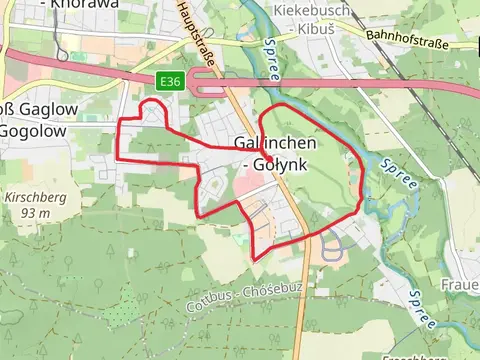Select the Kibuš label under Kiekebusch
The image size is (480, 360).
pyautogui.click(x=317, y=29)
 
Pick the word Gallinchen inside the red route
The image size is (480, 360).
pyautogui.click(x=277, y=143)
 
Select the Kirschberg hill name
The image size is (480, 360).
pyautogui.click(x=35, y=198)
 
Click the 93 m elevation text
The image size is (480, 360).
pyautogui.click(x=35, y=213)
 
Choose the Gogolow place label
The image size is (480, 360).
pyautogui.click(x=32, y=131)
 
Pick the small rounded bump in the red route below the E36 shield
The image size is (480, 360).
pyautogui.click(x=153, y=107)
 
